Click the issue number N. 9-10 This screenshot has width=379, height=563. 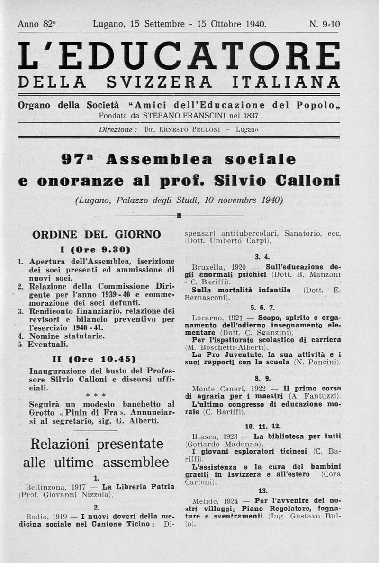(325, 24)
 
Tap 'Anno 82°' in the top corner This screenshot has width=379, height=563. (36, 24)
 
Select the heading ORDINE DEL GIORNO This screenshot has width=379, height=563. (96, 234)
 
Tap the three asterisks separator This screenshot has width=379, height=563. (96, 395)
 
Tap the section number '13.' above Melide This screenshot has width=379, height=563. (263, 491)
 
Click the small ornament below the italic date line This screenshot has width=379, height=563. (179, 216)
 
